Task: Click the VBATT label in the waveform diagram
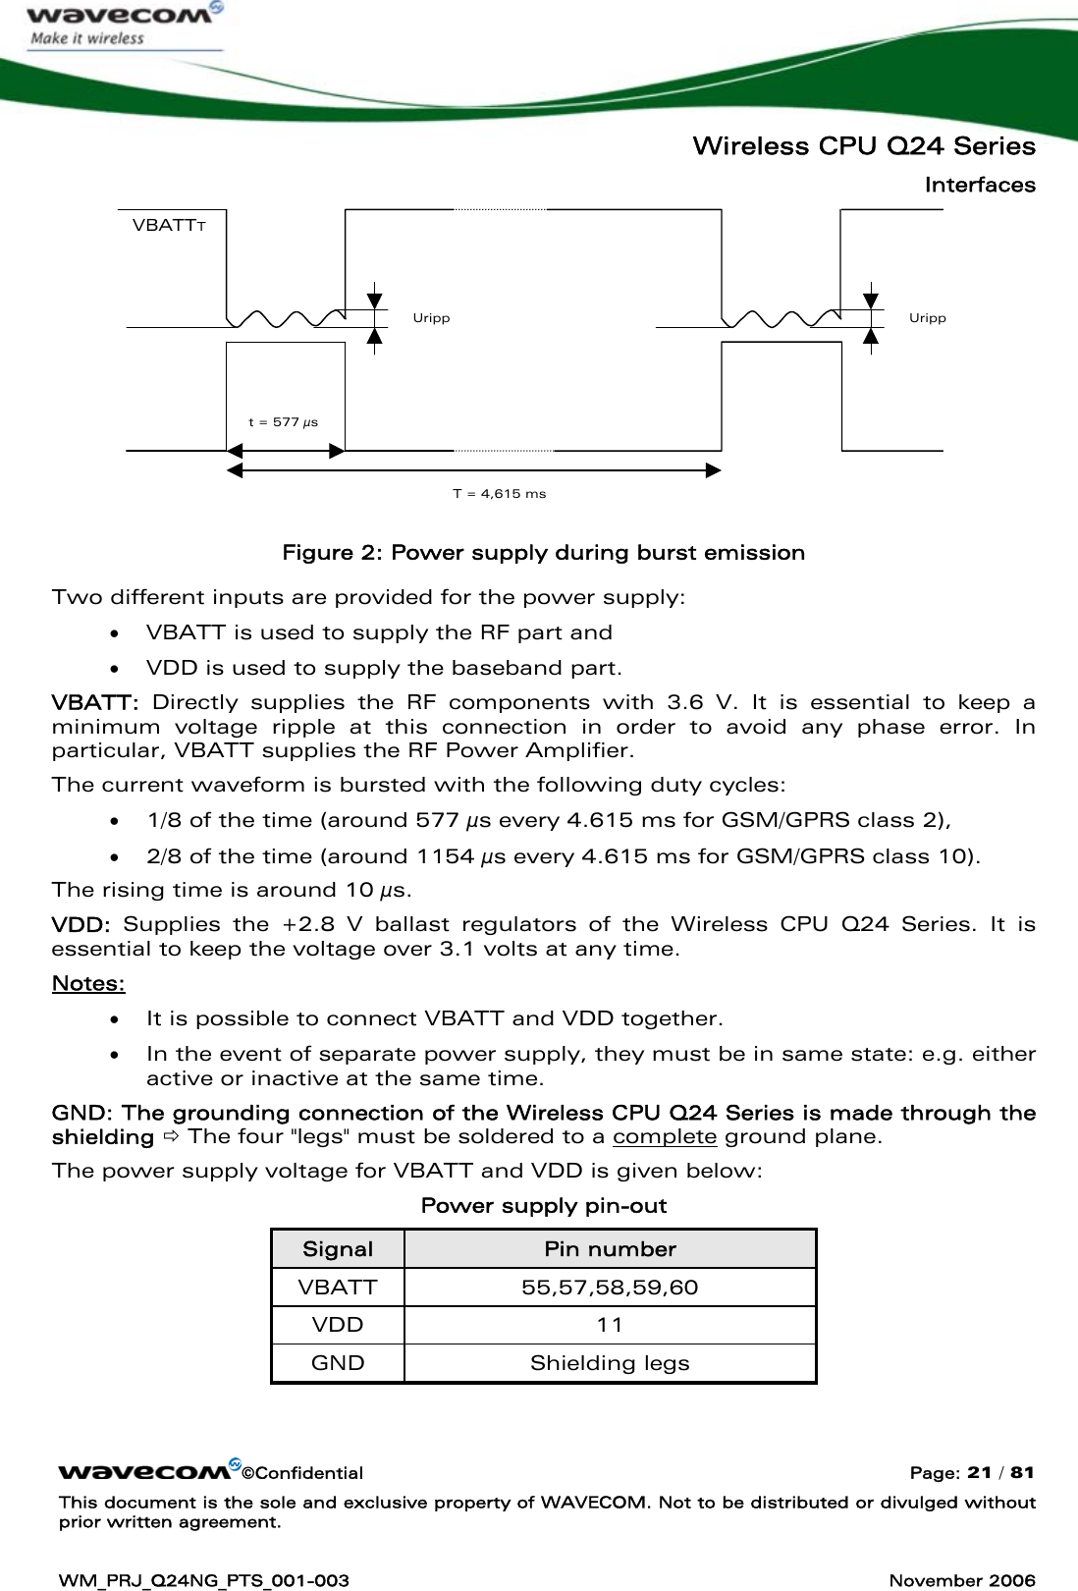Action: [x=168, y=225]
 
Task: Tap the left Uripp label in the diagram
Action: [x=431, y=318]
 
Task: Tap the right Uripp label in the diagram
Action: [x=927, y=318]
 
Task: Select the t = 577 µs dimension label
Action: [x=283, y=422]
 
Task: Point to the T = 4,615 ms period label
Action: [x=499, y=494]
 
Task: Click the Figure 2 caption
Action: [x=543, y=553]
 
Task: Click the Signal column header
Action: [x=337, y=1249]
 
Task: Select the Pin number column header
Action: [x=610, y=1249]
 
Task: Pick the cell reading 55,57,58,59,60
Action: [x=610, y=1288]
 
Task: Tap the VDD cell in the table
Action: [x=337, y=1325]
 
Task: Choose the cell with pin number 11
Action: [x=610, y=1325]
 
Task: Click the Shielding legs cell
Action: [x=610, y=1363]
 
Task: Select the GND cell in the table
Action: [x=337, y=1363]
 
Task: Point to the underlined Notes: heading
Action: [x=88, y=983]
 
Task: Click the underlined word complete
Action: [x=664, y=1137]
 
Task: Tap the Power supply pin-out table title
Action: [x=543, y=1206]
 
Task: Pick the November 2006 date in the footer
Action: [x=961, y=1580]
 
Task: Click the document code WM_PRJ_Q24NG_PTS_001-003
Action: [x=204, y=1580]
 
